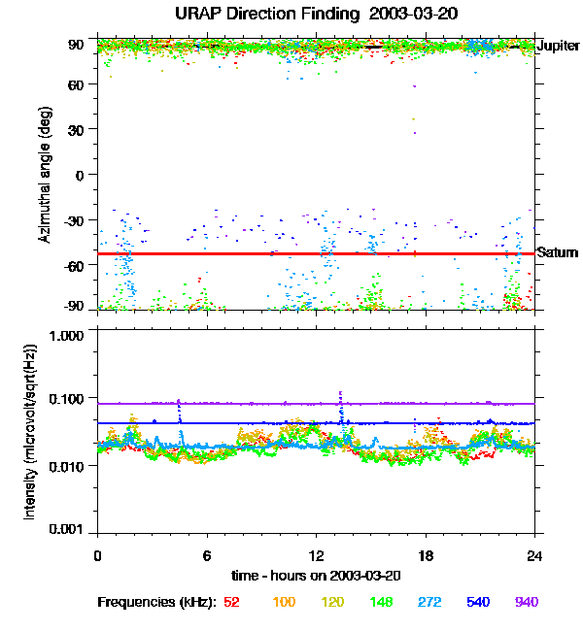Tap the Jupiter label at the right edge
(559, 46)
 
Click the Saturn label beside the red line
(556, 252)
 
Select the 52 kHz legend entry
(231, 602)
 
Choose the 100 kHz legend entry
(284, 602)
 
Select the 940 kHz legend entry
(526, 602)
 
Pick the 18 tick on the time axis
(426, 554)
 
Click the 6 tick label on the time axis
(207, 554)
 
